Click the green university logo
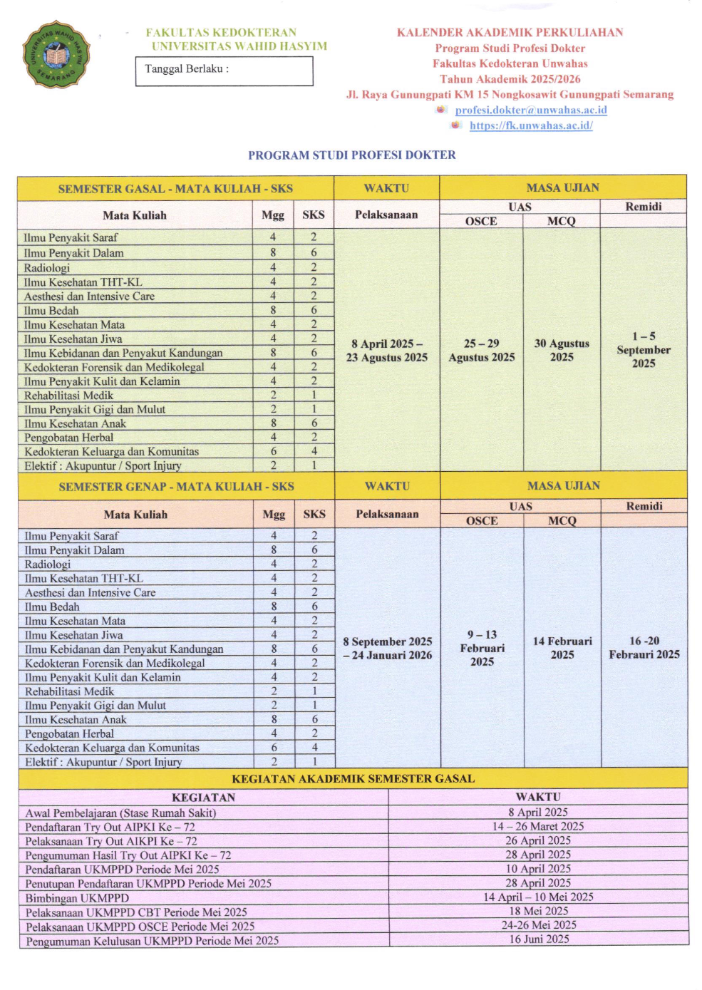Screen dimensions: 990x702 56,54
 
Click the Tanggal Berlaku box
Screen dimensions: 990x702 224,71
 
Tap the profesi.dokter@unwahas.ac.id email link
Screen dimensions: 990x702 531,110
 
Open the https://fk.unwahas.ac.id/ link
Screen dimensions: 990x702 531,125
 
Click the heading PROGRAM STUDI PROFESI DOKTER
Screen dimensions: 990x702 351,155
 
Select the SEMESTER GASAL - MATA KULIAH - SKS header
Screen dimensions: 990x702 175,189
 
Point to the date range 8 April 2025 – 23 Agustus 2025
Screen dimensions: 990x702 387,350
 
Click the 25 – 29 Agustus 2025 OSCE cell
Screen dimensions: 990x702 481,350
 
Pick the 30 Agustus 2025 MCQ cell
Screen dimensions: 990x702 562,350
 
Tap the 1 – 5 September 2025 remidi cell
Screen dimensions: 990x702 644,349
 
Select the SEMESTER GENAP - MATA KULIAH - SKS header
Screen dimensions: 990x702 176,487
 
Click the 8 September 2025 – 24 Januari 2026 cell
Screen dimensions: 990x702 387,648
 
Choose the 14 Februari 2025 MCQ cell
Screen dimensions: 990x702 562,648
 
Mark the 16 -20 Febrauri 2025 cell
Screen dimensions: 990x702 644,647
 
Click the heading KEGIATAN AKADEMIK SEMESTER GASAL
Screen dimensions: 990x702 353,778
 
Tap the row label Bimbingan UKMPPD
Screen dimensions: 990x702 77,898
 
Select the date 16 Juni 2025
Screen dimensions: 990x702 539,939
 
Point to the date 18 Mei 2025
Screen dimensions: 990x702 539,911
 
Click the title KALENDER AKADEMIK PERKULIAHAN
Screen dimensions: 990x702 510,32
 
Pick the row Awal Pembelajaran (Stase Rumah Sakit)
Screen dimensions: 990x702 120,813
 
